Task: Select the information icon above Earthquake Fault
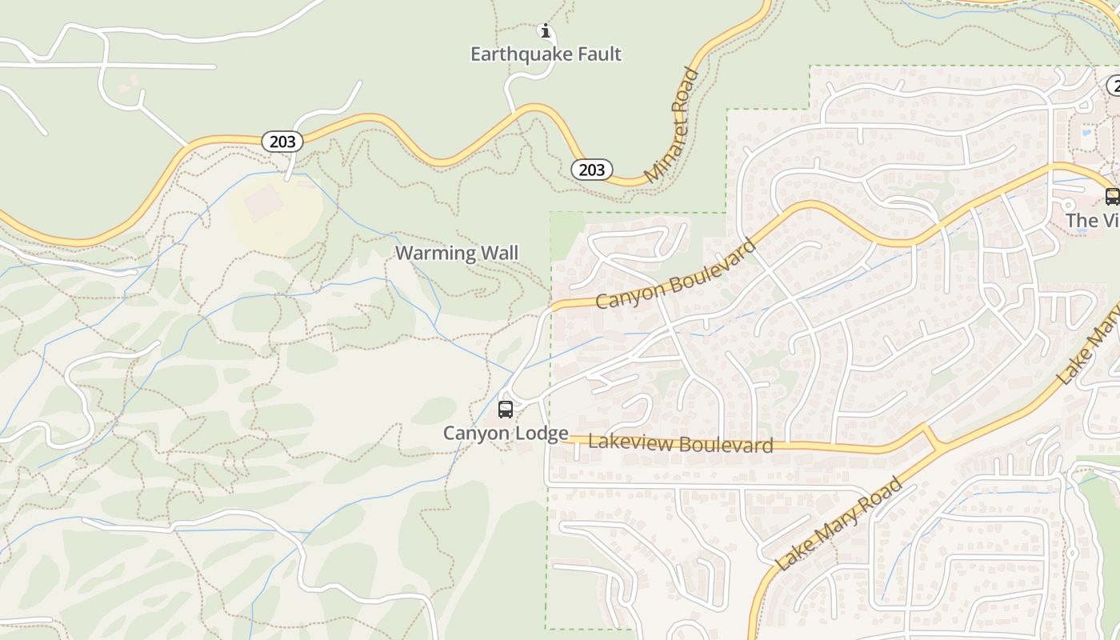point(546,31)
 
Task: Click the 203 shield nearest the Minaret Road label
point(591,170)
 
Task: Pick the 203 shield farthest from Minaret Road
point(282,142)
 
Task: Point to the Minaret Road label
point(672,125)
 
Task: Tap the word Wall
point(498,254)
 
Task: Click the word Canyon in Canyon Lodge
point(477,434)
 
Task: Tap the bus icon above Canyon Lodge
point(506,410)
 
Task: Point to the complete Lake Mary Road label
point(838,524)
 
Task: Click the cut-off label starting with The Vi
point(1092,220)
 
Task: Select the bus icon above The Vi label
point(1112,196)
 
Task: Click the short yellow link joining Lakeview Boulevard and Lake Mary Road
point(930,438)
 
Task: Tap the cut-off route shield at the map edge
point(1114,86)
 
